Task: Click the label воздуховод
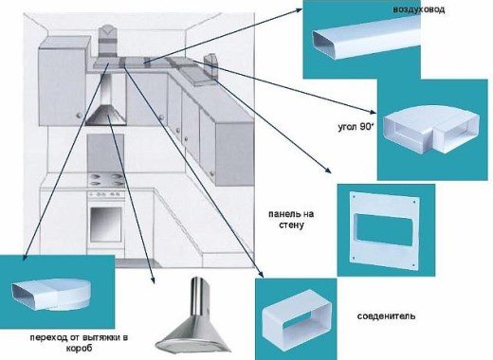coord(419,9)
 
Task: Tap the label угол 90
coord(356,127)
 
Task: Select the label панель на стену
coord(291,220)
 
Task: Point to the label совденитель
coord(386,316)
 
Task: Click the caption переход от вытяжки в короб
coord(79,343)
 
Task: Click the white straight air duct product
coord(367,37)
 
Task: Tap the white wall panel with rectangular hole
coord(385,230)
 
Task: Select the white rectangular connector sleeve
coord(297,320)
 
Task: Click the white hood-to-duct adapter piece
coord(51,294)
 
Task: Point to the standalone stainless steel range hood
coord(193,319)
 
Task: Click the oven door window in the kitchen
coord(106,224)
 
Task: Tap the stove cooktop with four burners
coord(106,180)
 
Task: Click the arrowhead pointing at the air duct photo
coord(299,9)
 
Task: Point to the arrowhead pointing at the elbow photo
coord(373,112)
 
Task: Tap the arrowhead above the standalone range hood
coord(153,280)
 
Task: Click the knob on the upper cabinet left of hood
coord(79,116)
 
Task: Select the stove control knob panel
coord(106,194)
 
